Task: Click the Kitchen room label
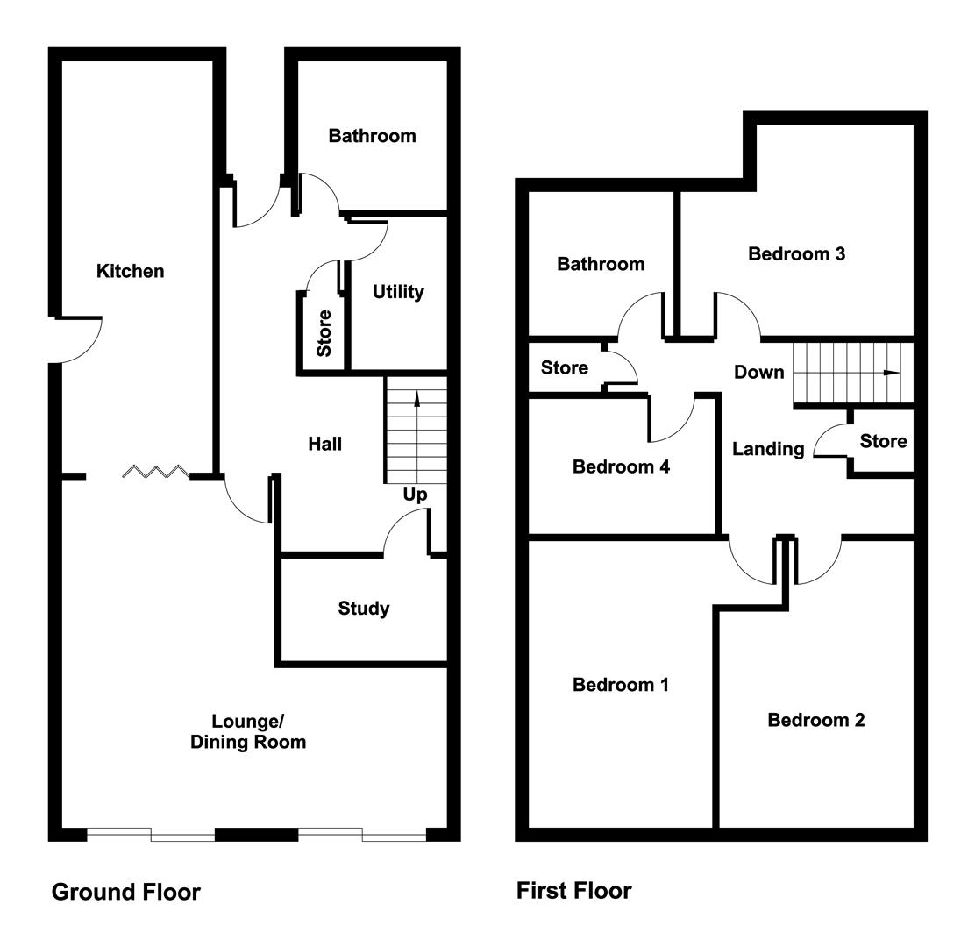click(x=130, y=271)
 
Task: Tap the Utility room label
click(x=398, y=292)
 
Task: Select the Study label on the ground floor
click(x=364, y=609)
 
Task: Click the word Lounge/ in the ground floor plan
click(x=248, y=722)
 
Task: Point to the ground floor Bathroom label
click(x=372, y=136)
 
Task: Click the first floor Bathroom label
click(x=601, y=264)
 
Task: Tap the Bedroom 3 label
click(x=796, y=254)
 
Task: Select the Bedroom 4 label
click(x=621, y=466)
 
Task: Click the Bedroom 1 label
click(x=621, y=685)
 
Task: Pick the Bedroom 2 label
click(x=815, y=720)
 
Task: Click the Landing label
click(x=768, y=449)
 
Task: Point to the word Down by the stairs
click(x=759, y=373)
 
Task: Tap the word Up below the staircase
click(x=415, y=495)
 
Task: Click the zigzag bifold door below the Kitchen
click(x=155, y=472)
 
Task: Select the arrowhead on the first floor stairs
click(x=892, y=374)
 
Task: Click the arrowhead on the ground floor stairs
click(x=416, y=398)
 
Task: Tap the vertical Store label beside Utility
click(x=324, y=333)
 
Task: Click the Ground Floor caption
click(x=126, y=893)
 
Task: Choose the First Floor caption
click(x=573, y=891)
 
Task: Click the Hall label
click(x=324, y=445)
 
